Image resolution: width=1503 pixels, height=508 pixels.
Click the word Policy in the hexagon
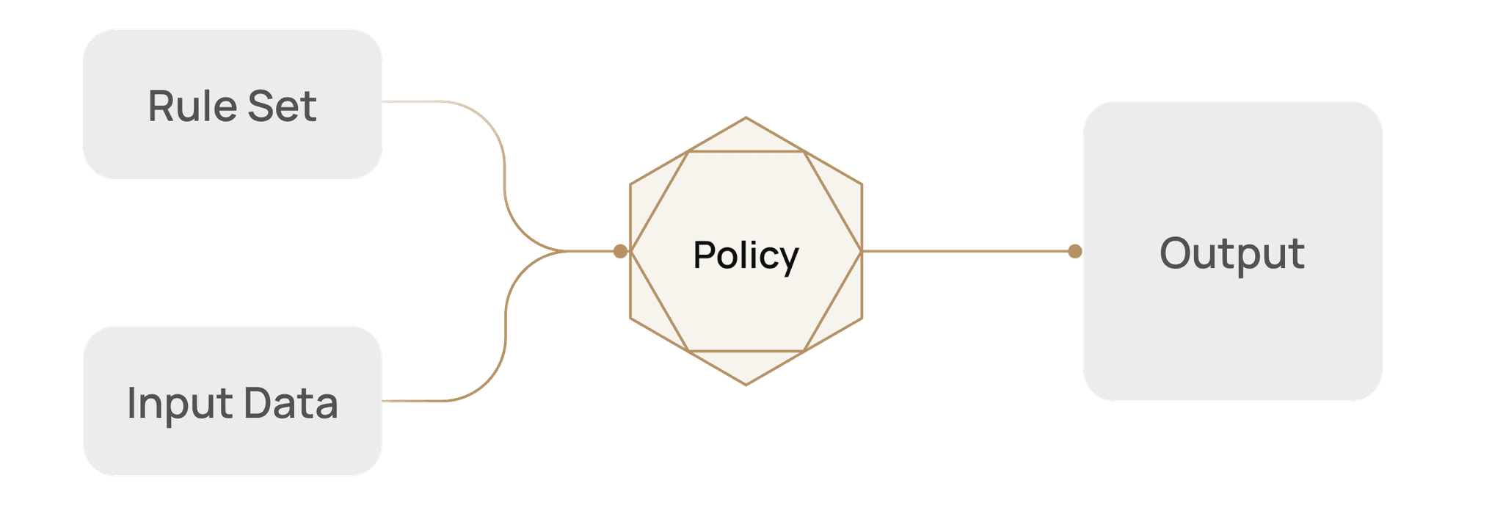tap(746, 255)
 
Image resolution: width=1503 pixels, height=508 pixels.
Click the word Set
tap(282, 106)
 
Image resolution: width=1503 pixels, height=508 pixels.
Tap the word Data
tap(291, 403)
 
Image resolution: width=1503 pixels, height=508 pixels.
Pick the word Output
tap(1232, 253)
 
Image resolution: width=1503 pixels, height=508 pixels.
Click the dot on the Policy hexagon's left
tap(620, 251)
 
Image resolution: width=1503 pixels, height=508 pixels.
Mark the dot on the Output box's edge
tap(1074, 251)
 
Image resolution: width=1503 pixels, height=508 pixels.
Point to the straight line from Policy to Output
tap(969, 251)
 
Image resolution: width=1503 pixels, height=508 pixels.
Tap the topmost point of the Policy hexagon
tap(746, 117)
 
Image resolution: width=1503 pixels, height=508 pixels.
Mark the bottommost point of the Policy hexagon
tap(746, 385)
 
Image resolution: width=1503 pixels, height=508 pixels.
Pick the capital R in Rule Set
tap(161, 106)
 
